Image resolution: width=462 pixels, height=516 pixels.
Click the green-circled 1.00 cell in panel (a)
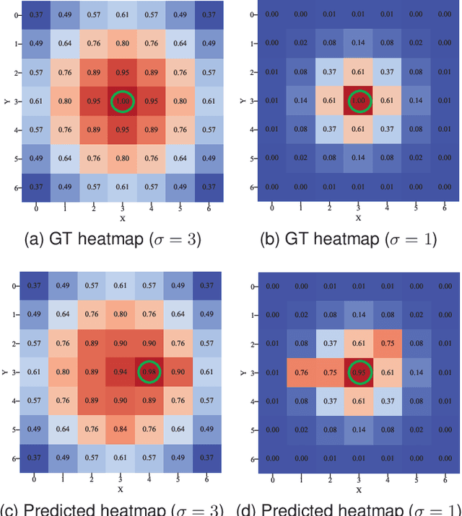(123, 101)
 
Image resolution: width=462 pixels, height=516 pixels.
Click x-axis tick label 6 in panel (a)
(208, 208)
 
